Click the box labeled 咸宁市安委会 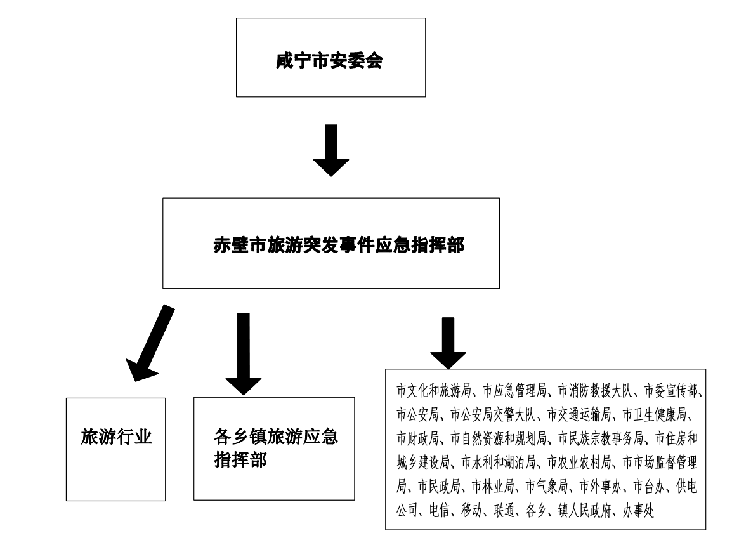point(330,58)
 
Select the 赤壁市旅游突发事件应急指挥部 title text point(339,245)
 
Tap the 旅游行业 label point(116,437)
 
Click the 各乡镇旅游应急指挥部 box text point(276,448)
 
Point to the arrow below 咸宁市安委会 point(331,150)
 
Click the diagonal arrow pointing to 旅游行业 point(150,343)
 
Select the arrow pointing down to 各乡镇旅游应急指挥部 point(243,354)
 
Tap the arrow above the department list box point(448,343)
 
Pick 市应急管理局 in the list point(514,390)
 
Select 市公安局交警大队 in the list point(493,414)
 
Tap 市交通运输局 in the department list point(579,414)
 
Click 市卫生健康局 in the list point(655,414)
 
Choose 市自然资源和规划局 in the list point(499,438)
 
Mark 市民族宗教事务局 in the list point(601,438)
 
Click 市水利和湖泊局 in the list point(499,463)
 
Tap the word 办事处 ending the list point(638,510)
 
